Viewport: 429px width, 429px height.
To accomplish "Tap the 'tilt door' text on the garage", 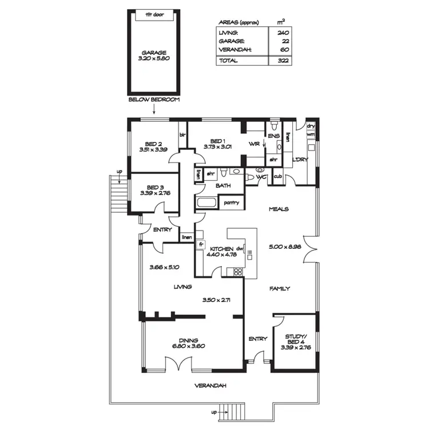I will pyautogui.click(x=152, y=14).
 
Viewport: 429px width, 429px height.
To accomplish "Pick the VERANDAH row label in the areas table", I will pyautogui.click(x=232, y=50).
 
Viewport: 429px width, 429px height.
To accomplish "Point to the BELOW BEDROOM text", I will pyautogui.click(x=154, y=100).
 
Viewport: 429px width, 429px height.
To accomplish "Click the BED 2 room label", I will pyautogui.click(x=152, y=144).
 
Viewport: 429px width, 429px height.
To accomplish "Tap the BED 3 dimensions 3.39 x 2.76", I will pyautogui.click(x=153, y=193).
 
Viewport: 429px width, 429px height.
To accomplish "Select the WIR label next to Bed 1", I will pyautogui.click(x=254, y=144).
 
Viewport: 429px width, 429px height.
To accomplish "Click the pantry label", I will pyautogui.click(x=231, y=202).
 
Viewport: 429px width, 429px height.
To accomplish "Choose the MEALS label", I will pyautogui.click(x=279, y=209).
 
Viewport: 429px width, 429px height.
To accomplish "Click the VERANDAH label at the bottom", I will pyautogui.click(x=210, y=386).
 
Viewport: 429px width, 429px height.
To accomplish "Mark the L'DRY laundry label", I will pyautogui.click(x=300, y=160).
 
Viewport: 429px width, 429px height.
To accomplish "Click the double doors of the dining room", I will pyautogui.click(x=178, y=364).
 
